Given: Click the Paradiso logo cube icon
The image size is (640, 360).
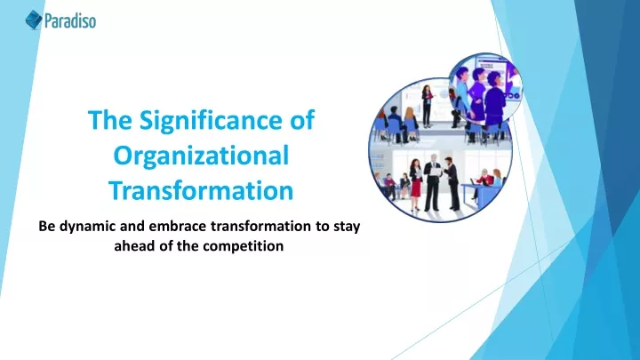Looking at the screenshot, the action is click(34, 20).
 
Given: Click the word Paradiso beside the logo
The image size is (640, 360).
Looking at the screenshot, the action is click(70, 20).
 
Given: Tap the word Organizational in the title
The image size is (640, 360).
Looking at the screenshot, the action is click(201, 156).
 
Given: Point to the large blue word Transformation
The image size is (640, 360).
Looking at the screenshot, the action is click(201, 190).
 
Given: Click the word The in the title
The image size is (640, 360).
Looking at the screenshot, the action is click(110, 120).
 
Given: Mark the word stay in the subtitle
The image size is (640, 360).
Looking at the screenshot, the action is click(347, 227).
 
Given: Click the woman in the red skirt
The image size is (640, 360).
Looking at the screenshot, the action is click(415, 184).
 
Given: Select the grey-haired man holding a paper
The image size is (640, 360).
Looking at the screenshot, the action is click(432, 182).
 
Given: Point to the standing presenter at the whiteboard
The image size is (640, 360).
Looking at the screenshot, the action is click(427, 106).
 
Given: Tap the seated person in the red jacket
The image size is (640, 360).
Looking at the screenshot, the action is click(484, 179).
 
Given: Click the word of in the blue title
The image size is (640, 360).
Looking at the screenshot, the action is click(302, 120).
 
